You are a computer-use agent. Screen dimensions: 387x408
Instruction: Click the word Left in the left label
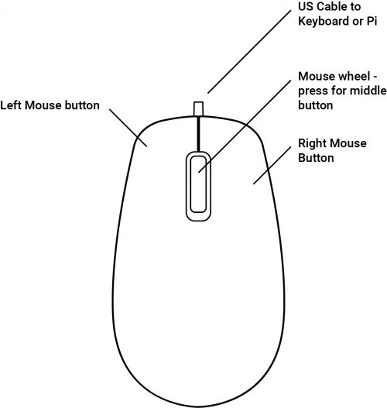pyautogui.click(x=11, y=105)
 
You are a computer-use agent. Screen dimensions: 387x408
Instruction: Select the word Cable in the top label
pyautogui.click(x=331, y=7)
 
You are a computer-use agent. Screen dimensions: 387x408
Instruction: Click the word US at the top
pyautogui.click(x=305, y=7)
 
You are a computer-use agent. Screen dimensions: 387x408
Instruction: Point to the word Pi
pyautogui.click(x=372, y=21)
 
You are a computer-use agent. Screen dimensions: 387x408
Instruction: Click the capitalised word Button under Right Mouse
pyautogui.click(x=316, y=158)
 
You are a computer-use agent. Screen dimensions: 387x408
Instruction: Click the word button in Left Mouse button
pyautogui.click(x=82, y=105)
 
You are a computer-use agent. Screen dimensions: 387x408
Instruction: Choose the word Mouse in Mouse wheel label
pyautogui.click(x=317, y=76)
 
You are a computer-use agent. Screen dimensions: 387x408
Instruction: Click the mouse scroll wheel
pyautogui.click(x=198, y=187)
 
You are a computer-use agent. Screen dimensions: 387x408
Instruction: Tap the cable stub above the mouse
pyautogui.click(x=198, y=108)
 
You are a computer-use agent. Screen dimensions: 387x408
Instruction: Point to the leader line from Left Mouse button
pyautogui.click(x=128, y=128)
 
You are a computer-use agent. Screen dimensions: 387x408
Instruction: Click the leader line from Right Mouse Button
pyautogui.click(x=272, y=166)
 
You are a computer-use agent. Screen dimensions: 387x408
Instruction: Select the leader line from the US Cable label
pyautogui.click(x=249, y=52)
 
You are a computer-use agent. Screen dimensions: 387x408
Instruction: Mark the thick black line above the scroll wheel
pyautogui.click(x=198, y=134)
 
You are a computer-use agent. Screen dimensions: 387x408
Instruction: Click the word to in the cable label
pyautogui.click(x=355, y=7)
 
